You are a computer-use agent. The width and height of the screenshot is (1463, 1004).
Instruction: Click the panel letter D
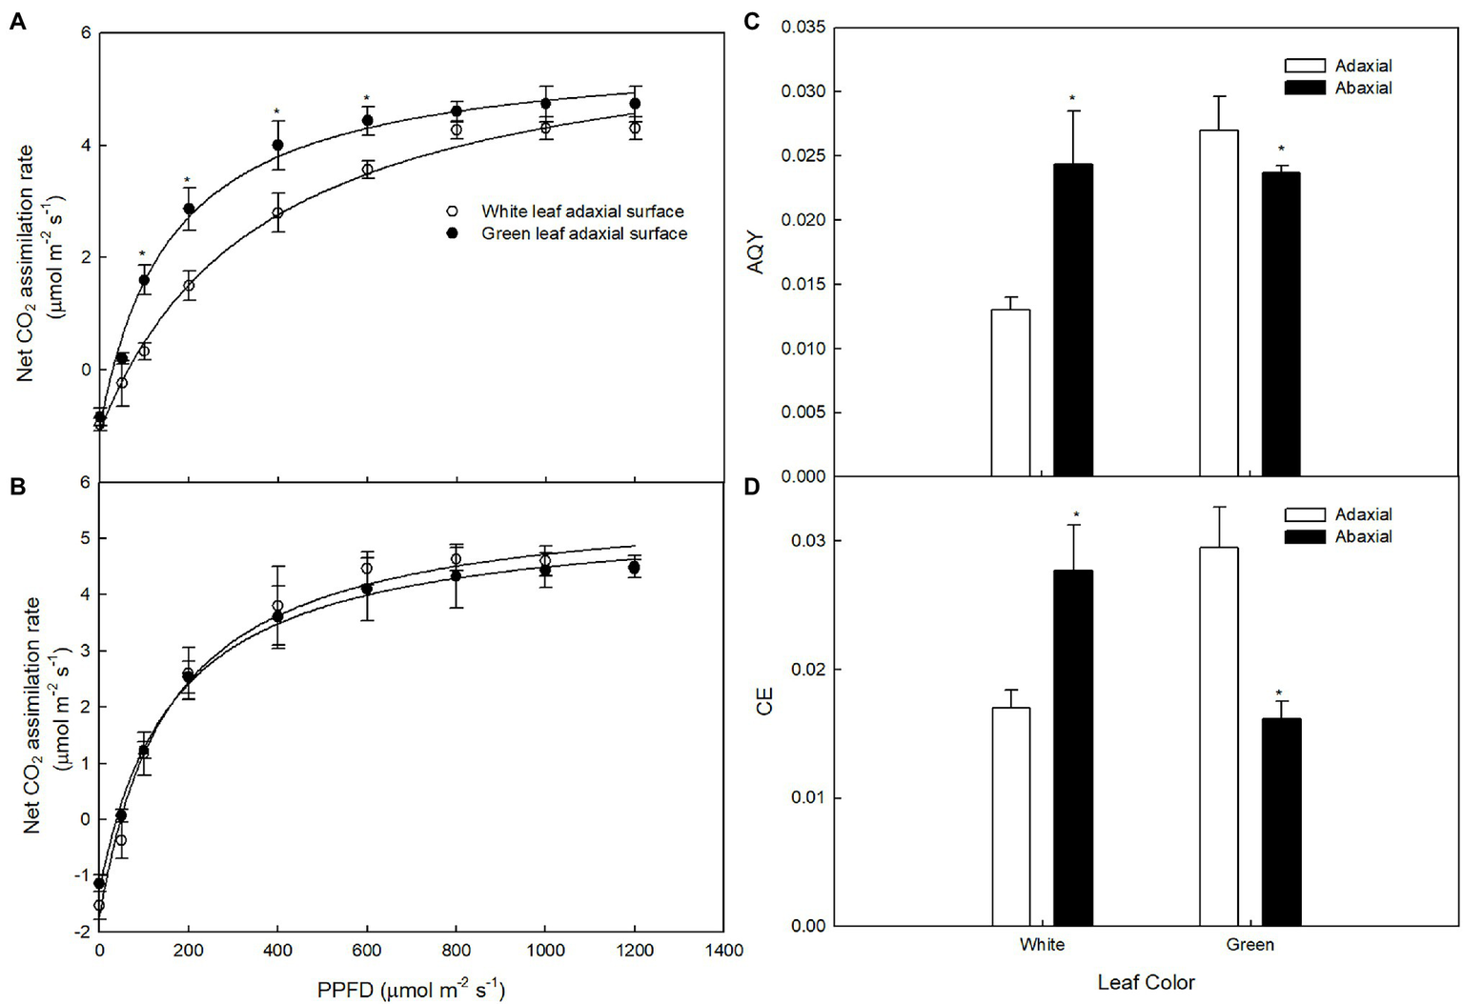point(752,487)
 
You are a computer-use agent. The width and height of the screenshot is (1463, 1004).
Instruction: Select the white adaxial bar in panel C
point(1010,392)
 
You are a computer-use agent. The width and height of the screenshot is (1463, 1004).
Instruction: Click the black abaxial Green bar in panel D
point(1281,821)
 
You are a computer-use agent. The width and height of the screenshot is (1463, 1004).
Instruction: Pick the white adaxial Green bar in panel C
point(1218,303)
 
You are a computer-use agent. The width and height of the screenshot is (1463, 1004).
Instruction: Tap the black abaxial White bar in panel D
point(1073,748)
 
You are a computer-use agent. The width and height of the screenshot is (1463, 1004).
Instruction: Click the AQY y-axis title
point(756,253)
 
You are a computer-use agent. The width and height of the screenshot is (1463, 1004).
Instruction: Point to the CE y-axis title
point(764,702)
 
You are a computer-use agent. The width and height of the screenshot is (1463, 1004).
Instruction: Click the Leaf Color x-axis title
point(1146,982)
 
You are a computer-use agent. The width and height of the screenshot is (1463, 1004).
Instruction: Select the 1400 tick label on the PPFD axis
point(724,950)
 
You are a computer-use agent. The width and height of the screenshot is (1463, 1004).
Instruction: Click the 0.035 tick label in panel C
point(803,27)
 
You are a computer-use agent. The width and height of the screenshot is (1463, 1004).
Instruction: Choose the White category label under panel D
point(1042,945)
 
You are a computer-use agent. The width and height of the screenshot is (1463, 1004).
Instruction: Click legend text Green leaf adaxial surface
point(584,233)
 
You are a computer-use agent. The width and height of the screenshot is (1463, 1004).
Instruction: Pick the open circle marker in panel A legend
point(453,211)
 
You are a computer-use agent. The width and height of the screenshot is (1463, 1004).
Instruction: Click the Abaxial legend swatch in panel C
point(1305,88)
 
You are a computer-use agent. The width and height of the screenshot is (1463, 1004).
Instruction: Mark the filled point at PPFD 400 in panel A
point(278,145)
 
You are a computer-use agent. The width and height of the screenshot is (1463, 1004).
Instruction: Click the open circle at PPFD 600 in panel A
point(367,171)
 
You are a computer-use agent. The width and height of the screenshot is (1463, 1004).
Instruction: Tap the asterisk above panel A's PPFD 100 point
point(143,254)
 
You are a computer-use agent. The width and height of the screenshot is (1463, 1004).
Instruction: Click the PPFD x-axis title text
point(411,990)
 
